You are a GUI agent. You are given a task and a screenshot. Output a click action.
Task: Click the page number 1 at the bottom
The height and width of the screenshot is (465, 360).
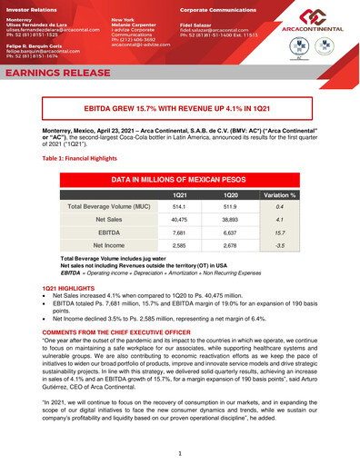[180, 452]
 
